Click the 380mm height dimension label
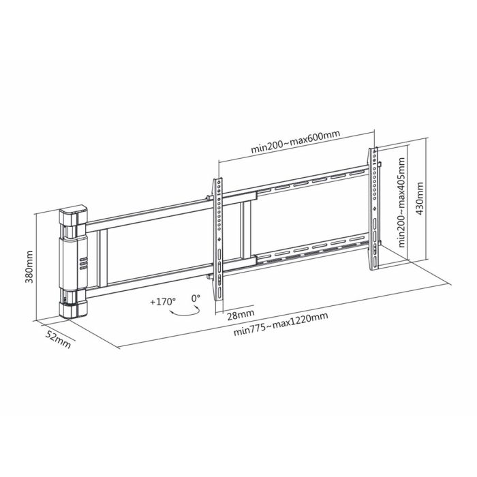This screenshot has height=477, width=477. pos(29,267)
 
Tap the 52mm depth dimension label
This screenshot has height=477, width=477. pos(58,339)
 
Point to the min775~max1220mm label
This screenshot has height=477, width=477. pos(281,324)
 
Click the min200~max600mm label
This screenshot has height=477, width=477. pos(295,142)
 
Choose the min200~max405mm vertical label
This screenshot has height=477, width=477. pos(401,202)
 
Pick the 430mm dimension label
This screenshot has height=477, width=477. pos(420,198)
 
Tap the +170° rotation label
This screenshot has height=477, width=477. pos(163,302)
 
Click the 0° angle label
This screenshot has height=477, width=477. pos(196,298)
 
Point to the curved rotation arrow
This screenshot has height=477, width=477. pos(184,314)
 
